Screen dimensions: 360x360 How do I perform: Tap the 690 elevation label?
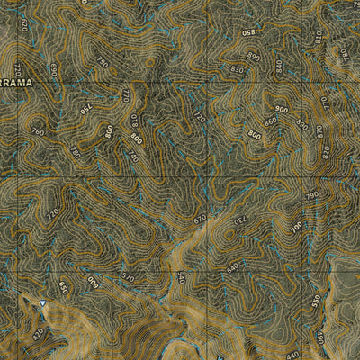coord(54,69)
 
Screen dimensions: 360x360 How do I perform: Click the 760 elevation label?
coord(37,131)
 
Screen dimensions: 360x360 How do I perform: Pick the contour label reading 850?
coord(248,33)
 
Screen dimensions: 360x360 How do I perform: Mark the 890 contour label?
coord(253,57)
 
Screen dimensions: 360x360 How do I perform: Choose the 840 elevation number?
coord(279,67)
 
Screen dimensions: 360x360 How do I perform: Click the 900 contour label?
coord(282,110)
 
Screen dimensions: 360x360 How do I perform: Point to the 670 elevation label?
coord(199,218)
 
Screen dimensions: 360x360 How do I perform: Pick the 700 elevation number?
coord(296,229)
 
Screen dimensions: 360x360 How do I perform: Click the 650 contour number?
coord(63,288)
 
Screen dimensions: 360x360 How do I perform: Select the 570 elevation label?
coord(127,278)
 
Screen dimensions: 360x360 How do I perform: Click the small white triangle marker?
coord(41,303)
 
